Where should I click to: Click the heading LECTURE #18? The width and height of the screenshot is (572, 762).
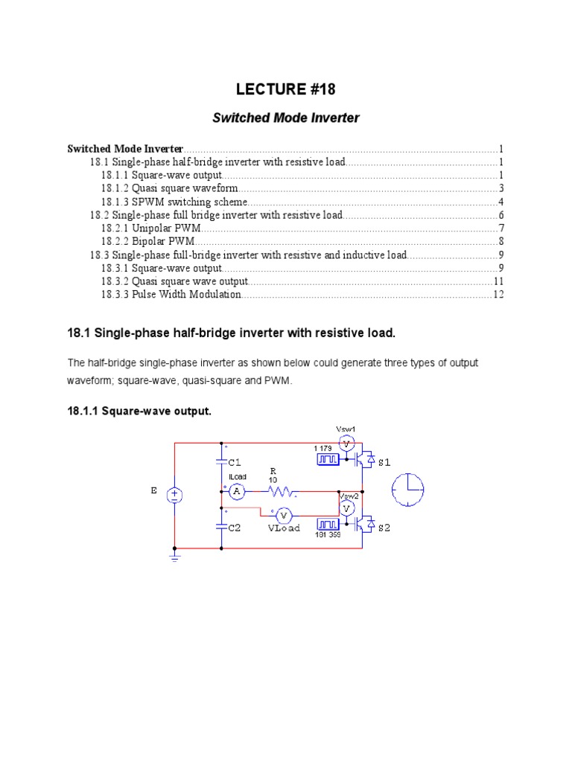pos(286,90)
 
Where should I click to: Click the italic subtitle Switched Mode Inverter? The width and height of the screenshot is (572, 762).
pos(286,118)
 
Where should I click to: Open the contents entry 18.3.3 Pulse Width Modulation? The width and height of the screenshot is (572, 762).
pos(171,295)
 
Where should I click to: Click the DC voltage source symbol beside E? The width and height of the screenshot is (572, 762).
pos(175,496)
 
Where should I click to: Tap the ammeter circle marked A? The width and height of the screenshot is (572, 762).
pos(236,491)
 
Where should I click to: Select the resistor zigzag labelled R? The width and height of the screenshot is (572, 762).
pos(283,491)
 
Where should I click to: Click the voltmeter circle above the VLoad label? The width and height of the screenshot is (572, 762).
pos(283,515)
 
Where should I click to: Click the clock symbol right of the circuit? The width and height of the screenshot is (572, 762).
pos(408,490)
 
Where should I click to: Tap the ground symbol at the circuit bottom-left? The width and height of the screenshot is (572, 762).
pos(175,556)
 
